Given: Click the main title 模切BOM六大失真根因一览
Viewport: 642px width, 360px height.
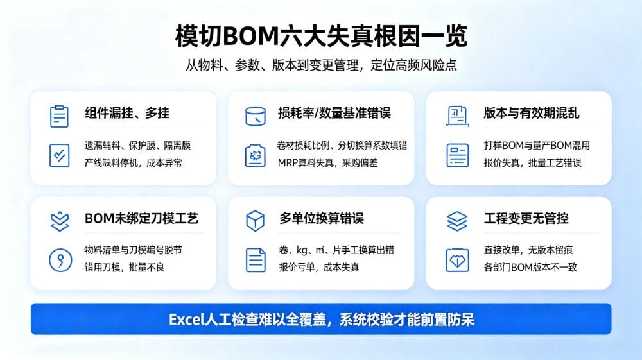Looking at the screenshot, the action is pos(321,37).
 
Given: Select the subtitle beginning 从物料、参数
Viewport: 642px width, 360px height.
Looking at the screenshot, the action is pos(321,65).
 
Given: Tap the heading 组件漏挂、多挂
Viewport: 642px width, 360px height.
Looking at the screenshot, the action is pos(127,113).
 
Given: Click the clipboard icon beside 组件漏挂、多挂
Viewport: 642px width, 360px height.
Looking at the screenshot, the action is pos(59,116).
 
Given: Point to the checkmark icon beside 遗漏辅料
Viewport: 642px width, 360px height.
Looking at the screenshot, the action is pos(59,155).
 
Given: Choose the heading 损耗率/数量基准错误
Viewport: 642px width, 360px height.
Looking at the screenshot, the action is pos(334,113).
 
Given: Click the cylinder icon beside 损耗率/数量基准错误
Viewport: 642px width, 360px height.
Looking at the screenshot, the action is pos(256,116).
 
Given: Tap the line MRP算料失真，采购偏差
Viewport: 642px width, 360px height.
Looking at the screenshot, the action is pos(327,163).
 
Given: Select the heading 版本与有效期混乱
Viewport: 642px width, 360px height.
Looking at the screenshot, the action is pos(532,113).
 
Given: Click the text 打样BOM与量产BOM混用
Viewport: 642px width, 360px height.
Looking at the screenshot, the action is pos(537,145).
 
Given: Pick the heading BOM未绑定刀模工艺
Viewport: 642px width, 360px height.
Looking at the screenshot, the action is pos(142,218).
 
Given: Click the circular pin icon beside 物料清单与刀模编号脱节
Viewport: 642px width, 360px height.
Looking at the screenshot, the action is pos(60,260).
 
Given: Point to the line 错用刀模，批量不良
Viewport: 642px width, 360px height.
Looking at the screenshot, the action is pos(125,268).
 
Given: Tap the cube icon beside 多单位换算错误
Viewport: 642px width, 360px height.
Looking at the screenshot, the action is pos(255,221).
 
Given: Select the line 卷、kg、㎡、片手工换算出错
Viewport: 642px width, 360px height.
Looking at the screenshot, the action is pos(336,250).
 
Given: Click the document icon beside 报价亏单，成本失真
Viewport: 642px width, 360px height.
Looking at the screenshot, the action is pos(256,260).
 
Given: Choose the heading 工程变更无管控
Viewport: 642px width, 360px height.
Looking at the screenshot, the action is pos(526,218).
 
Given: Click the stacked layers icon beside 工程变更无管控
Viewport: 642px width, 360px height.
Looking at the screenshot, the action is pos(457,221).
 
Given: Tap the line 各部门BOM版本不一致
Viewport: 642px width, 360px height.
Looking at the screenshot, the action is pos(530,268).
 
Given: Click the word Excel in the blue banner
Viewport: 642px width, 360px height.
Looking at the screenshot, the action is pos(186,320).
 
